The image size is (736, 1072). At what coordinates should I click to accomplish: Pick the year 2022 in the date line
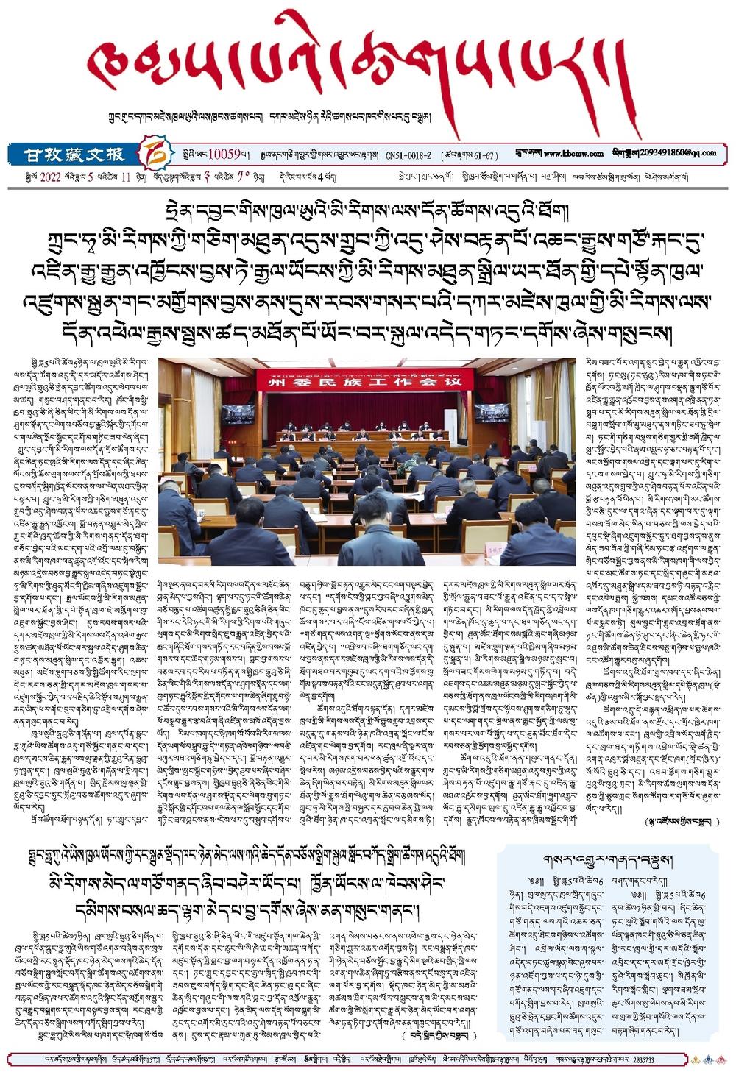pyautogui.click(x=49, y=177)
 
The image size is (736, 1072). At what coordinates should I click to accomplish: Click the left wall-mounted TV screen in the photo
pyautogui.click(x=238, y=413)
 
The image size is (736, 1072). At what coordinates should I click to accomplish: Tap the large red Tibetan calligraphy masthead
pyautogui.click(x=361, y=70)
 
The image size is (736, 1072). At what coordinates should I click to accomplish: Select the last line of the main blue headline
pyautogui.click(x=367, y=333)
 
